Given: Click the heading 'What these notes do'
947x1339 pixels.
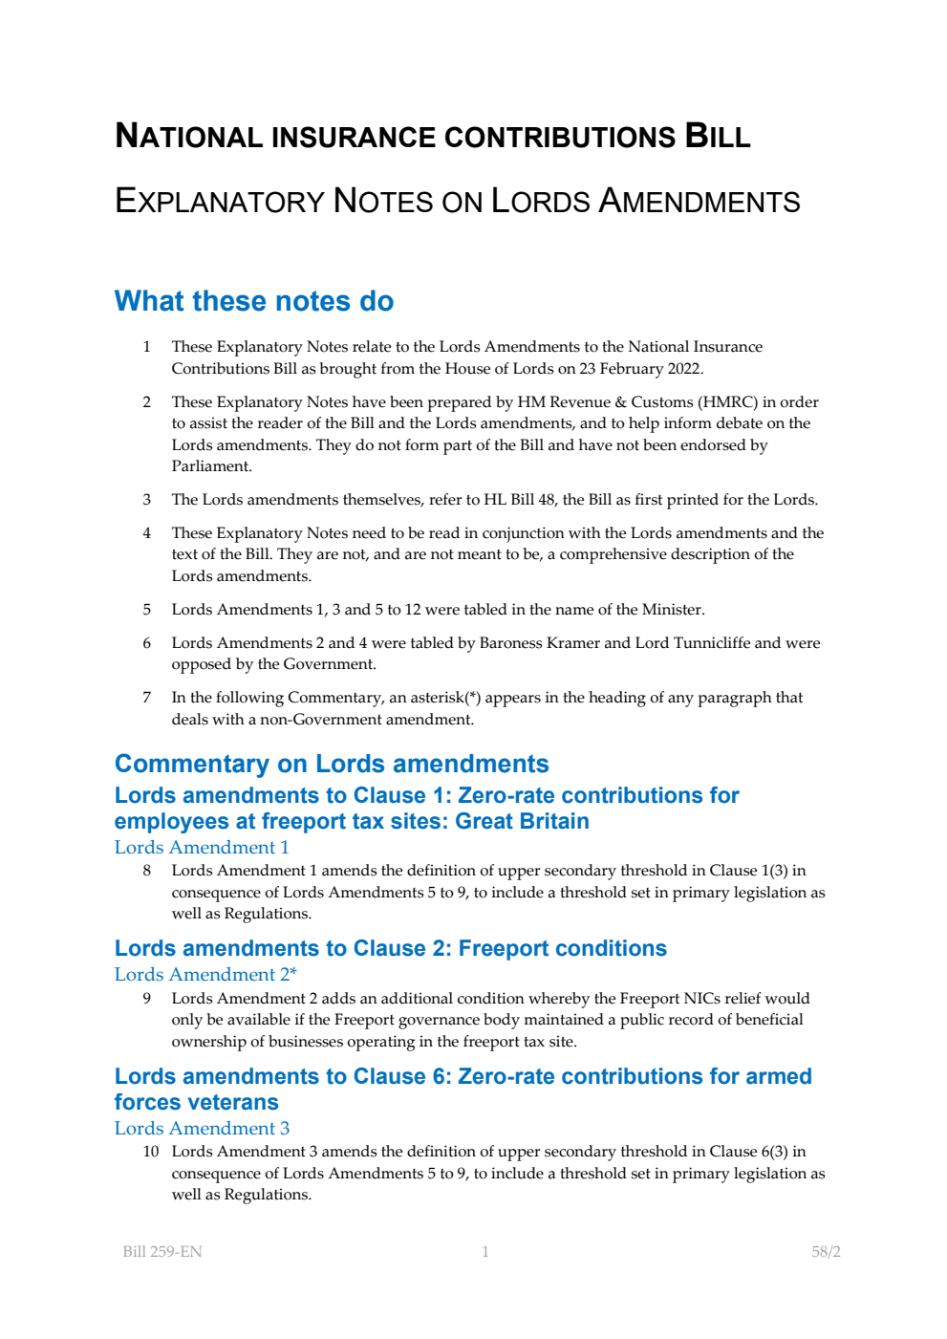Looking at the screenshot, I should (253, 301).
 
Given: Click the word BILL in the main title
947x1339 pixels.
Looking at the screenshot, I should (717, 136).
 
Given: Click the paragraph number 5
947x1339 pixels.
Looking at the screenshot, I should (146, 610).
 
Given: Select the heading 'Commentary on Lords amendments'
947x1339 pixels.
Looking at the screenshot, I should (332, 764).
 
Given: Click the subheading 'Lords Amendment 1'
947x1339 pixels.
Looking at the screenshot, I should (202, 848).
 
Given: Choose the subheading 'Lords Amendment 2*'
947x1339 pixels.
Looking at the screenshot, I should (205, 975).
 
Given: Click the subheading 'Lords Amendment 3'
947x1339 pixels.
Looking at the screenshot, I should (202, 1129).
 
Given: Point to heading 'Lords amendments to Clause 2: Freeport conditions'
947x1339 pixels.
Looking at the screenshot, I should (390, 948).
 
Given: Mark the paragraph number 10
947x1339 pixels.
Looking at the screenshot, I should (150, 1152).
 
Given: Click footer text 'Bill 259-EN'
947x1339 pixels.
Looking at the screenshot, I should (162, 1252).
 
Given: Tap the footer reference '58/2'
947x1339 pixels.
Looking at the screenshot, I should (826, 1252).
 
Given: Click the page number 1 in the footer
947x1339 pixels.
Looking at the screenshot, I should (485, 1252).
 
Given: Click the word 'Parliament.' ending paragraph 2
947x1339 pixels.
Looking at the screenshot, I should (211, 466).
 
